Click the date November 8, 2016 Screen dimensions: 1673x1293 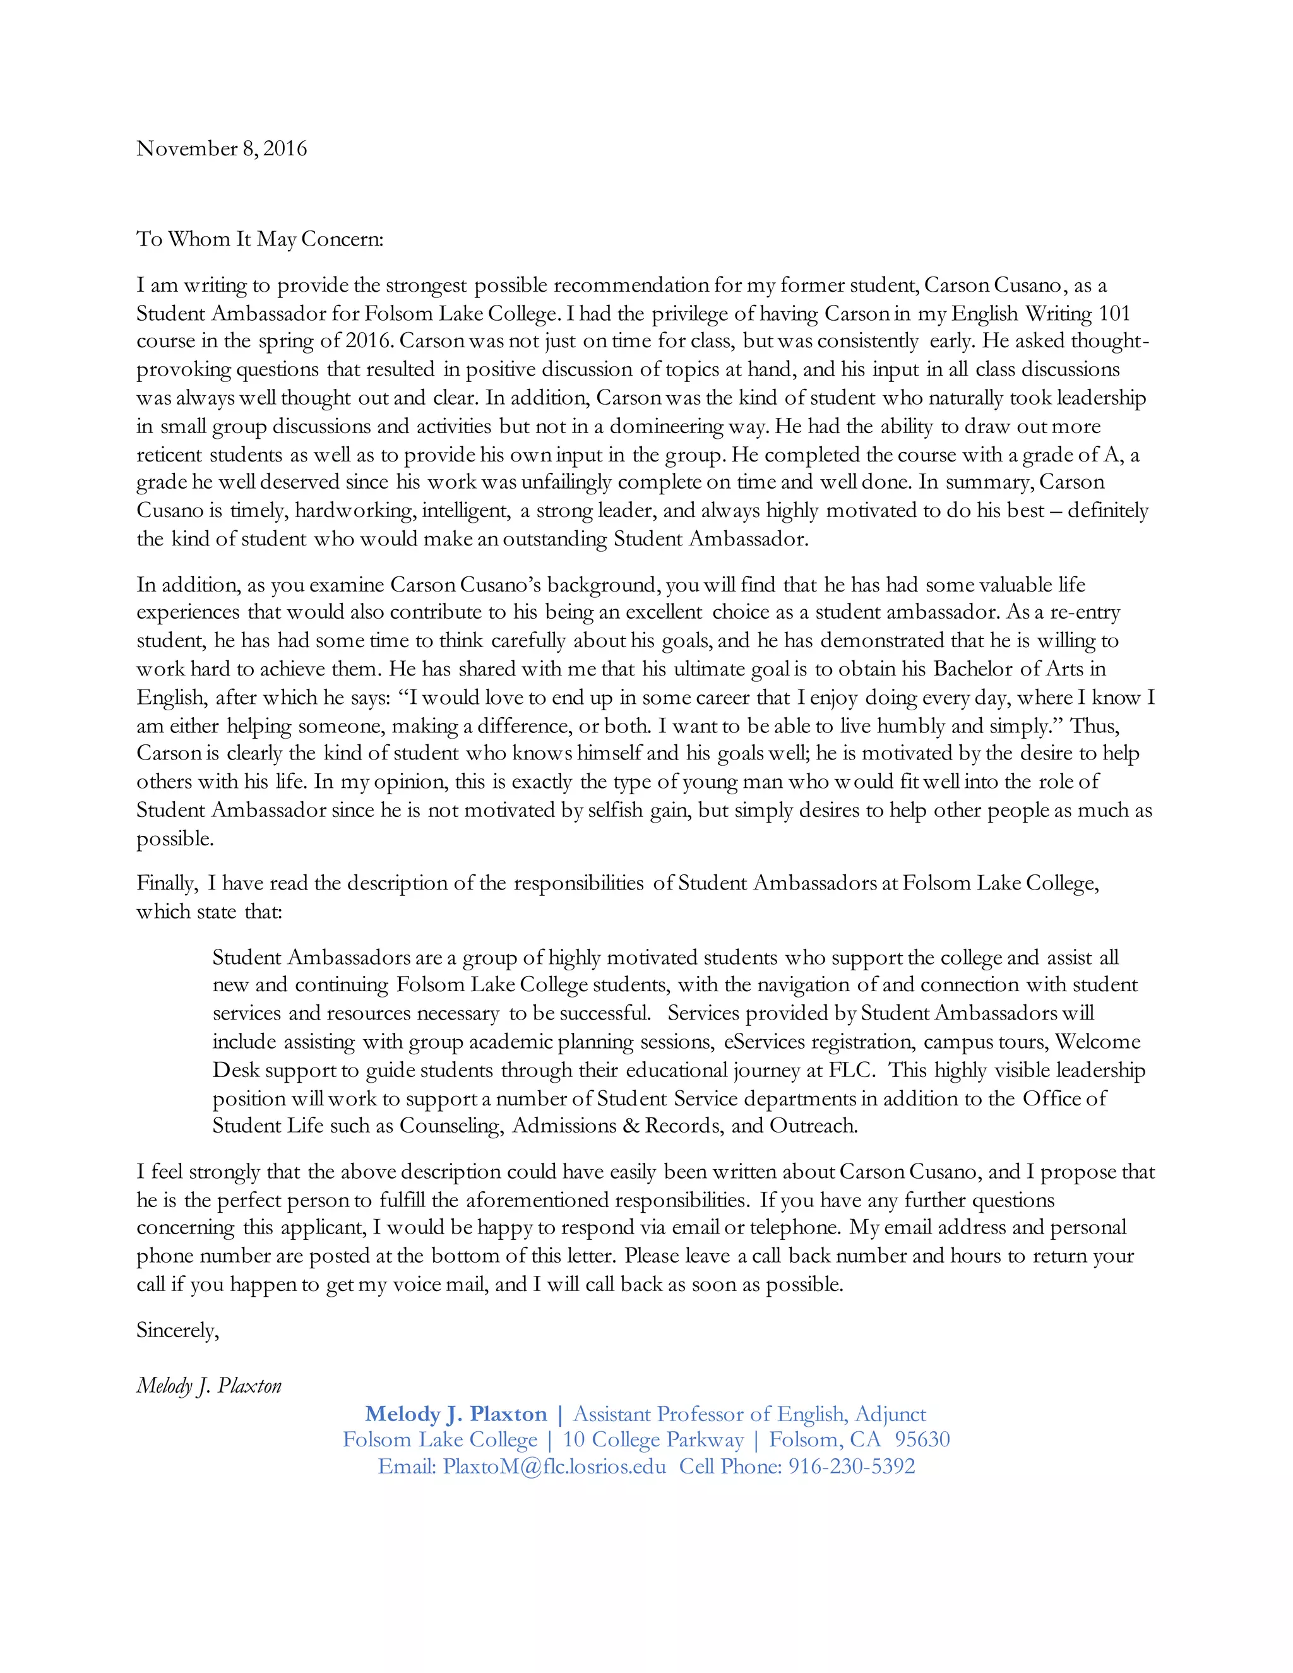(222, 148)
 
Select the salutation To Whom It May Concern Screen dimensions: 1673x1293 (259, 239)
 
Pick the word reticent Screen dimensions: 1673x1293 (170, 455)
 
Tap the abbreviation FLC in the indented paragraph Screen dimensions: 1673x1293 (852, 1070)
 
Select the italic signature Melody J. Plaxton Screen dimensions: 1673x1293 (209, 1386)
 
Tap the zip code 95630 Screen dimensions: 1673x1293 (922, 1439)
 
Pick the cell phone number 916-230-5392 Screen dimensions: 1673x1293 (852, 1466)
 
